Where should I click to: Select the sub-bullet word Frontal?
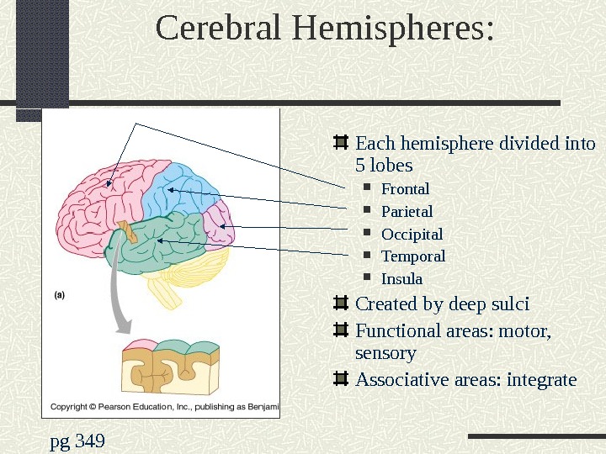coord(405,188)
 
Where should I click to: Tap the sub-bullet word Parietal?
coord(407,211)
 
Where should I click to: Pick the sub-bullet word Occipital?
coord(412,234)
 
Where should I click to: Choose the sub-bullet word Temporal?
coord(413,256)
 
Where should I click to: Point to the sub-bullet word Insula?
coord(401,278)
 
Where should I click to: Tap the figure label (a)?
coord(61,294)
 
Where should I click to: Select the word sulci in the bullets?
coord(508,304)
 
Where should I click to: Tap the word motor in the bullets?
coord(523,330)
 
